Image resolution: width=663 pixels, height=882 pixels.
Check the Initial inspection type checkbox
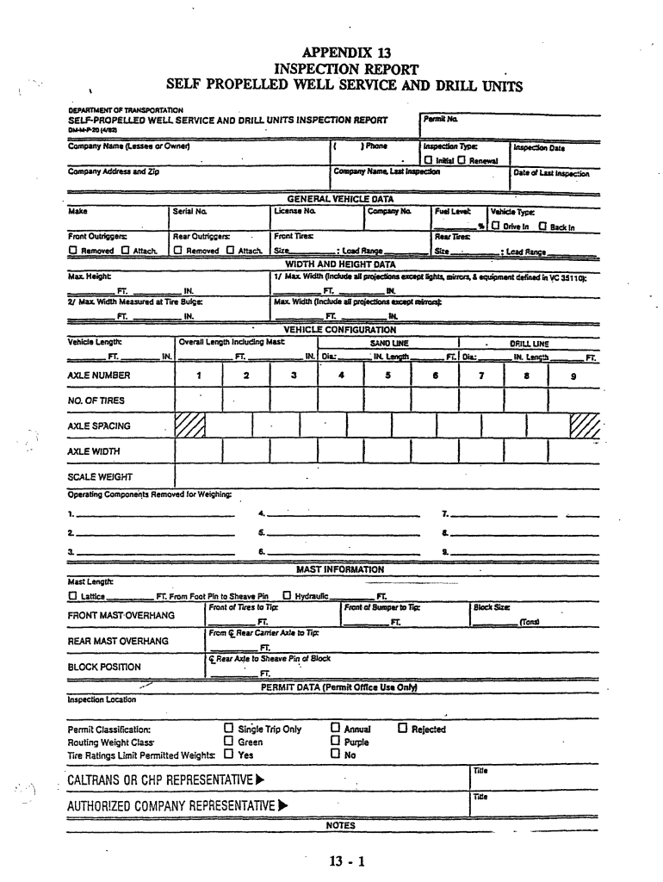(x=427, y=161)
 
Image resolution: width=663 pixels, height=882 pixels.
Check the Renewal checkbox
(x=462, y=161)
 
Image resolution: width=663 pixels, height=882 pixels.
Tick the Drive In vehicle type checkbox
(x=496, y=227)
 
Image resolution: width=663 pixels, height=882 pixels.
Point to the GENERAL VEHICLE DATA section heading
(x=340, y=198)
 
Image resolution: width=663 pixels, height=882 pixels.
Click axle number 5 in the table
(x=388, y=376)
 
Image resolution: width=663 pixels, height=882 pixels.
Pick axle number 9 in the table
(x=573, y=376)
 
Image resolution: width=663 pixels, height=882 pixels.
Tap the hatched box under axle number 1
(x=189, y=425)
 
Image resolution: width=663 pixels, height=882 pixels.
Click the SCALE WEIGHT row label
(x=100, y=476)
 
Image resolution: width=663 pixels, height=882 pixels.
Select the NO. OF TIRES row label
(x=96, y=401)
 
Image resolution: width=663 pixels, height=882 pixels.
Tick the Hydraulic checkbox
(x=287, y=595)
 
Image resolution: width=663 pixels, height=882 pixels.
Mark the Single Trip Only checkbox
(x=228, y=729)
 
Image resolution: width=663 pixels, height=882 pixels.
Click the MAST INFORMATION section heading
(x=340, y=569)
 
